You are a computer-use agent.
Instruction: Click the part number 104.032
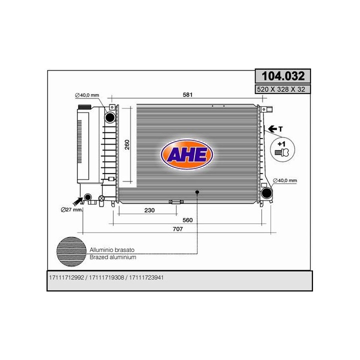tap(283, 76)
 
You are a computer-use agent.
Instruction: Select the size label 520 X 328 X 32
tap(281, 89)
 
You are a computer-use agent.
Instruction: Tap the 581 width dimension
tap(187, 94)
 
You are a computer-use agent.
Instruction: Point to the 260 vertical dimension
tap(127, 144)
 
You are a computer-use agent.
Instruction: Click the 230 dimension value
tap(149, 210)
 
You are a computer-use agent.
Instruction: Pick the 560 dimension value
tap(187, 220)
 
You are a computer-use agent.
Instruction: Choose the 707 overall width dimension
tap(177, 229)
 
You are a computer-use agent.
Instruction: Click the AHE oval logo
tap(187, 154)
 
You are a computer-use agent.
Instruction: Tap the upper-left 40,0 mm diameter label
tap(87, 95)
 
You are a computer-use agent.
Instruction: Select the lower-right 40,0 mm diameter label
tap(285, 180)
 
